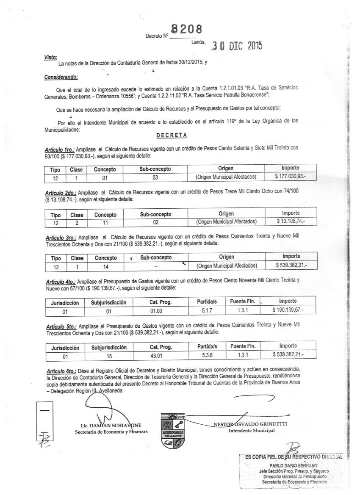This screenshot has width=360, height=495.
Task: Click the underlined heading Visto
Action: (x=50, y=57)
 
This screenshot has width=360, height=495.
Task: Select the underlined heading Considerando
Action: (x=61, y=77)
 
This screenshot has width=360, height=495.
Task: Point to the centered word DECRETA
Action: (x=172, y=136)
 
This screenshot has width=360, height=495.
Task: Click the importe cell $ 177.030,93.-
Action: (x=290, y=176)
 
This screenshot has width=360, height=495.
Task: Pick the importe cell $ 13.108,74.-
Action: (x=290, y=221)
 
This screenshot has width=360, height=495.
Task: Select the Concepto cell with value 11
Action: (x=105, y=221)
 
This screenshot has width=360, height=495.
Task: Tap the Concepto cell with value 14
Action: (x=105, y=266)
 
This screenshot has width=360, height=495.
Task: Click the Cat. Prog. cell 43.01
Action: (x=161, y=356)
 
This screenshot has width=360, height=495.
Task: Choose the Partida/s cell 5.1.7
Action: (x=207, y=310)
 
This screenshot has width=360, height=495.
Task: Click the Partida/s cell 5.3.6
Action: (x=207, y=355)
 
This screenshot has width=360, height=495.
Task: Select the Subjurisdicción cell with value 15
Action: (x=108, y=356)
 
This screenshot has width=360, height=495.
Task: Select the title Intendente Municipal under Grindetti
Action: (x=251, y=431)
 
